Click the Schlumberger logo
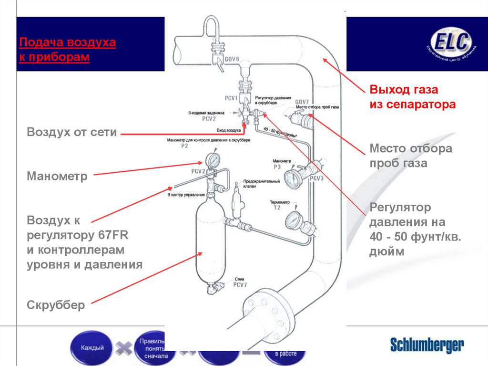427,345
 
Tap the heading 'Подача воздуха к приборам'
67,50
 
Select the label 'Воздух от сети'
72,132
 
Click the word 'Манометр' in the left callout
57,176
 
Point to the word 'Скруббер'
56,304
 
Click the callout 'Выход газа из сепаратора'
413,96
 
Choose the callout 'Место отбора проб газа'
411,156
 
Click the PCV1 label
231,97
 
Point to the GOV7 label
302,102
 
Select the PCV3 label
316,178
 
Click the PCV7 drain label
239,285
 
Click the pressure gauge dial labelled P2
211,158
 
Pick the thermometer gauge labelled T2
291,220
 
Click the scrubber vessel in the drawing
209,243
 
